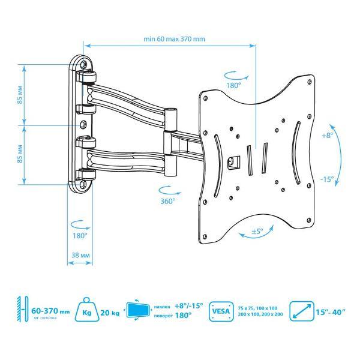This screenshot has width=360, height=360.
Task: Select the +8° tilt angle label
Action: tap(326, 136)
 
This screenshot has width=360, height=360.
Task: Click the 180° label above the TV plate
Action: tap(233, 86)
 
